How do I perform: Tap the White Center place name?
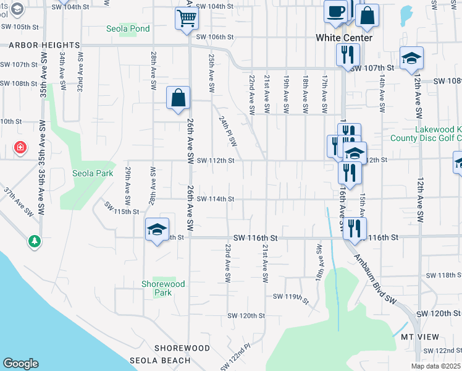click(x=344, y=38)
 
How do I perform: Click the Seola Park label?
click(x=93, y=173)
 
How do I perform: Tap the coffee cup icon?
click(x=335, y=11)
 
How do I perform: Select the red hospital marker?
click(x=20, y=148)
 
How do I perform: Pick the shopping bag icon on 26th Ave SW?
click(x=178, y=98)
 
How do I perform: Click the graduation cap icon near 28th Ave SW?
click(x=157, y=230)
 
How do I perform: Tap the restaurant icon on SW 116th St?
click(x=354, y=228)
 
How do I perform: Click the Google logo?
click(x=20, y=364)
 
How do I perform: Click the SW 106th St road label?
click(x=215, y=36)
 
